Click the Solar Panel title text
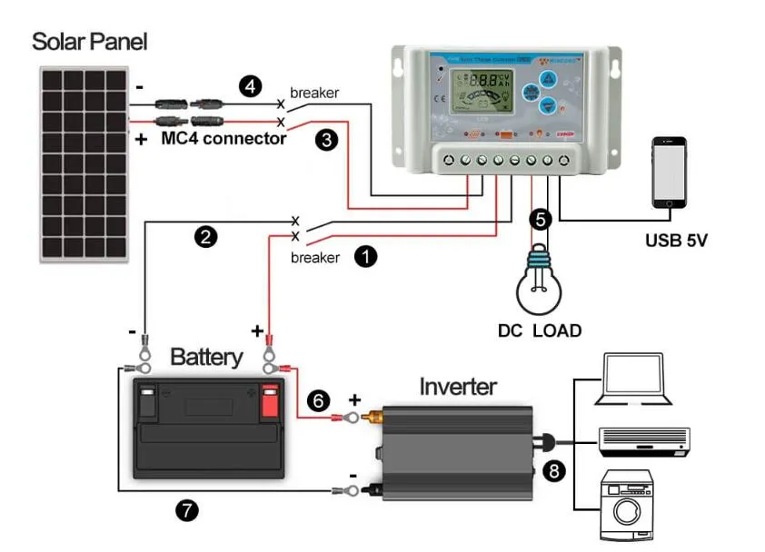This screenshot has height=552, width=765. [x=89, y=42]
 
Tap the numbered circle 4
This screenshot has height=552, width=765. [x=250, y=87]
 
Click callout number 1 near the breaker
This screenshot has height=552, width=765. [x=365, y=256]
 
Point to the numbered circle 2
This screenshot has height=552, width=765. [x=207, y=238]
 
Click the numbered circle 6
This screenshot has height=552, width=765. [x=318, y=400]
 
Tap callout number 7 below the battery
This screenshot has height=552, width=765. [x=186, y=510]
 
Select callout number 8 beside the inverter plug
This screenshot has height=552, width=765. [x=553, y=470]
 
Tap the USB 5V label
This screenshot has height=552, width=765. [x=676, y=241]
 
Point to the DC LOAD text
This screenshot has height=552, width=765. [x=540, y=330]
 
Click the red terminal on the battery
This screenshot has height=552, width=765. [x=269, y=401]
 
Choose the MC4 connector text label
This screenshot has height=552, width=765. [x=224, y=139]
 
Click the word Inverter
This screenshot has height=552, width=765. [x=458, y=387]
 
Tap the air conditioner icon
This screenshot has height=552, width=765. [x=644, y=440]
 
